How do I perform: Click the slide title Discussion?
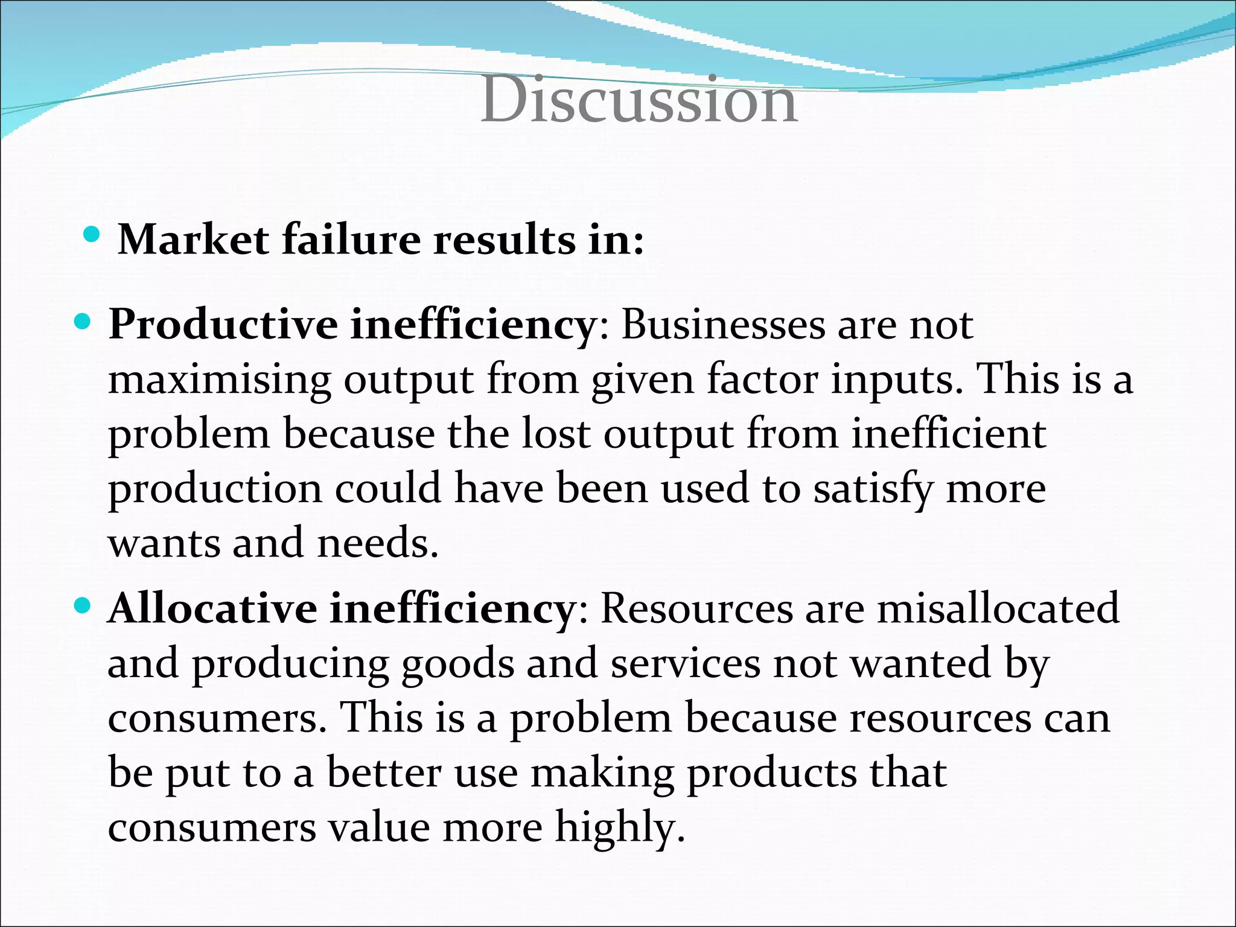pyautogui.click(x=639, y=100)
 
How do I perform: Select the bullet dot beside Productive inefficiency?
pyautogui.click(x=82, y=320)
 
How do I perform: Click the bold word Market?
pyautogui.click(x=193, y=240)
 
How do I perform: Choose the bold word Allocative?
pyautogui.click(x=211, y=609)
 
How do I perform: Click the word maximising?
pyautogui.click(x=219, y=380)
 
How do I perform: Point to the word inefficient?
pyautogui.click(x=948, y=435)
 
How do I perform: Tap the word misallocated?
pyautogui.click(x=998, y=609)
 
